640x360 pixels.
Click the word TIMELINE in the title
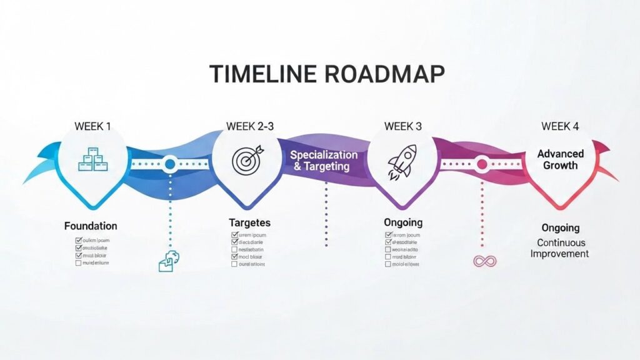point(262,74)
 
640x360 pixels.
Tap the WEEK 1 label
point(92,126)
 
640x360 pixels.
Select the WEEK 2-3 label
point(250,126)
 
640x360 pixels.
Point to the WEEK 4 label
point(560,126)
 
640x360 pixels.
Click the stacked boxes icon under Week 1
point(92,159)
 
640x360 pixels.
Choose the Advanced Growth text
point(560,159)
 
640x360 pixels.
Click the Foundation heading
point(91,226)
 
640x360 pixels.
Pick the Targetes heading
point(249,222)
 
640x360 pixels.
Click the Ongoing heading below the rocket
point(402,222)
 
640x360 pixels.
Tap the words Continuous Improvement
point(560,248)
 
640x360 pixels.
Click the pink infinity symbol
point(484,261)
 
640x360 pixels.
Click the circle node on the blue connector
point(169,165)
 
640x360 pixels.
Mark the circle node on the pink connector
point(481,165)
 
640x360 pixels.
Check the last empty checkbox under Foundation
point(78,263)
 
